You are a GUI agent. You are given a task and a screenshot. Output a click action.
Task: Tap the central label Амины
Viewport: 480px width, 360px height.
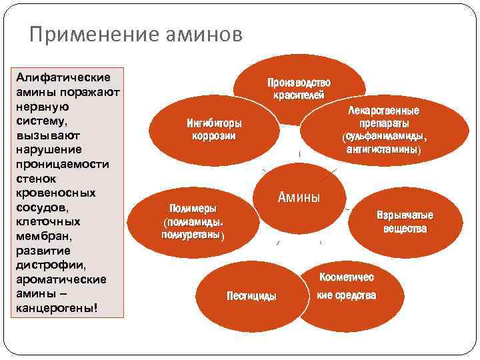click(299, 197)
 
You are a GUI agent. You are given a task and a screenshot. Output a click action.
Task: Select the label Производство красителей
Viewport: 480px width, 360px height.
click(299, 89)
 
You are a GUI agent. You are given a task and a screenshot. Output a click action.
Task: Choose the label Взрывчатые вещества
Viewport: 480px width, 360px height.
click(405, 222)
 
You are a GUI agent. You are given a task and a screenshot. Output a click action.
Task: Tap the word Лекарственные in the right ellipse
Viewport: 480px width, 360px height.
click(383, 111)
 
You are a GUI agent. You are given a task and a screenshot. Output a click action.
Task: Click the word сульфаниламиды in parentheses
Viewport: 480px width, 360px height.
click(383, 137)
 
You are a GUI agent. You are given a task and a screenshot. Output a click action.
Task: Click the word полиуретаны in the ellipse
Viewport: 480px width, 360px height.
click(192, 235)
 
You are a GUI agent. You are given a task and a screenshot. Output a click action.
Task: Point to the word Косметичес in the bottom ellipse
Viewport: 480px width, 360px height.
click(346, 277)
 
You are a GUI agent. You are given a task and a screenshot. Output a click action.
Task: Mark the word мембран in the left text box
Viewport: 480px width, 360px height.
click(45, 236)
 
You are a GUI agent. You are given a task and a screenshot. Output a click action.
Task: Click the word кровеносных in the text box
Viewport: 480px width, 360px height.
click(55, 193)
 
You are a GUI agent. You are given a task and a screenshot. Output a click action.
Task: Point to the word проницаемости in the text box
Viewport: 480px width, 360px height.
click(61, 164)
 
